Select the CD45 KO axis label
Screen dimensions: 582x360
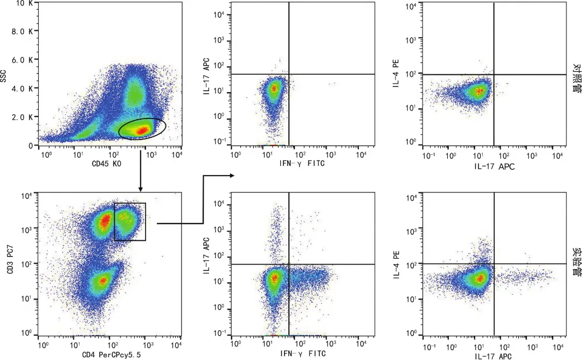[x=107, y=164]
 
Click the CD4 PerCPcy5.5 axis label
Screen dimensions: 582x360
[x=112, y=355]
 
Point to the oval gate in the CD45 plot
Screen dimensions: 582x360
[x=142, y=119]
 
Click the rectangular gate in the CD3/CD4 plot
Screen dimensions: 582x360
[x=130, y=203]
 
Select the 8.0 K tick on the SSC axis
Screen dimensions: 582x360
[x=22, y=31]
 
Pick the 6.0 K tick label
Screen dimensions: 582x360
[x=22, y=60]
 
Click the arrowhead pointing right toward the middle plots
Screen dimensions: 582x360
[x=232, y=176]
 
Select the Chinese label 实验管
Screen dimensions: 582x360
[x=577, y=262]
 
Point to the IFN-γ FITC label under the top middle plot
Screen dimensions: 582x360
[x=302, y=163]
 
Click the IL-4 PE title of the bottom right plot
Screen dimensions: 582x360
[x=396, y=264]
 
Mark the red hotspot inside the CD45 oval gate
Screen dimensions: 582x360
[x=143, y=130]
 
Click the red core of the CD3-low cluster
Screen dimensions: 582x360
[x=103, y=280]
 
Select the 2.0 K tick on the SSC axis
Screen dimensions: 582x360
[x=22, y=117]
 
